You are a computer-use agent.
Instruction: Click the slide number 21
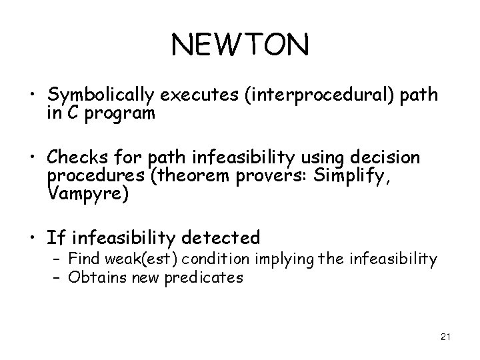[x=446, y=338]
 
